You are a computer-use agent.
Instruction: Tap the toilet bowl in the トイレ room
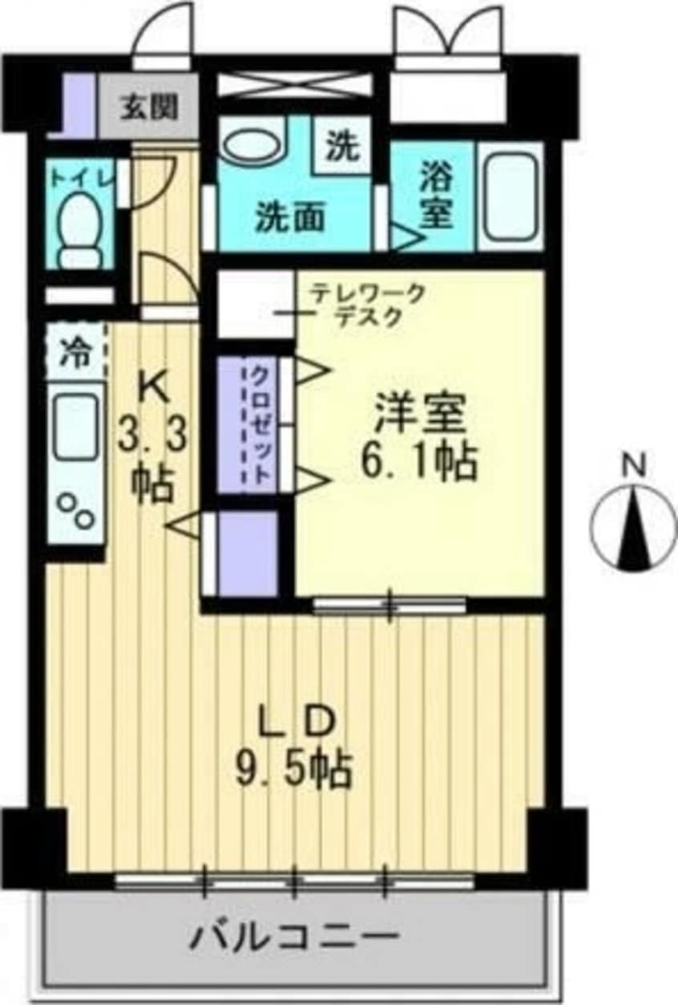point(80,229)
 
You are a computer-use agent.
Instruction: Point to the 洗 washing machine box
point(342,145)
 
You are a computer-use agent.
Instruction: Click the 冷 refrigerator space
point(77,353)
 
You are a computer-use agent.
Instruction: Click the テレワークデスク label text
point(367,306)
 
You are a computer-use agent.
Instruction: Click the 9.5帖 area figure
point(293,771)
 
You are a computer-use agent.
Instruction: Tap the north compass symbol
point(634,528)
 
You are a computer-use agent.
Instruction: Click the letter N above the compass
point(635,464)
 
